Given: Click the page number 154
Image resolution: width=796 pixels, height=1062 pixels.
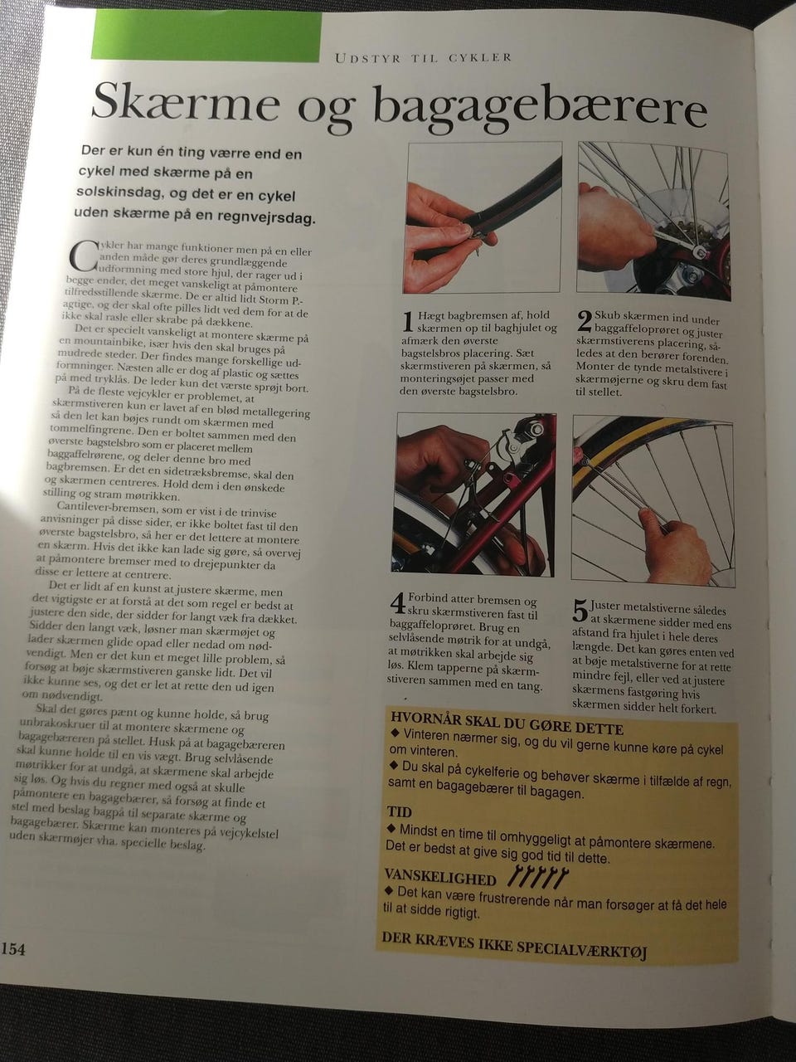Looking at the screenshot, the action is [13, 950].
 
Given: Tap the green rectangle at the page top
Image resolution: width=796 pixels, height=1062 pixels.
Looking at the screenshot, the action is [206, 37].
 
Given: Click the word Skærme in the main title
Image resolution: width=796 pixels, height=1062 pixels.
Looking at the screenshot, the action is [186, 104].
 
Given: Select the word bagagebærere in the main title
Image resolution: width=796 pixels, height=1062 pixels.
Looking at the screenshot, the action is [540, 111].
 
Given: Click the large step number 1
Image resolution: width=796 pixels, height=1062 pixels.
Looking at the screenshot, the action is [409, 322].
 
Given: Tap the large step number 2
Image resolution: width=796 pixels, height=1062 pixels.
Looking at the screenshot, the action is [585, 321].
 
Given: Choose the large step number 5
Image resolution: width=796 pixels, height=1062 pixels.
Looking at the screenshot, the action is [580, 611].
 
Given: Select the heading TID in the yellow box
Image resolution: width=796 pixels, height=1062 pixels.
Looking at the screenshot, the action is [399, 811].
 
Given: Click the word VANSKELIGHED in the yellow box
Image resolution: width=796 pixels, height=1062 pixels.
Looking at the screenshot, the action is [439, 877].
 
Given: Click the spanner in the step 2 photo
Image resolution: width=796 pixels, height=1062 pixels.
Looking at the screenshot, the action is [674, 242].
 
